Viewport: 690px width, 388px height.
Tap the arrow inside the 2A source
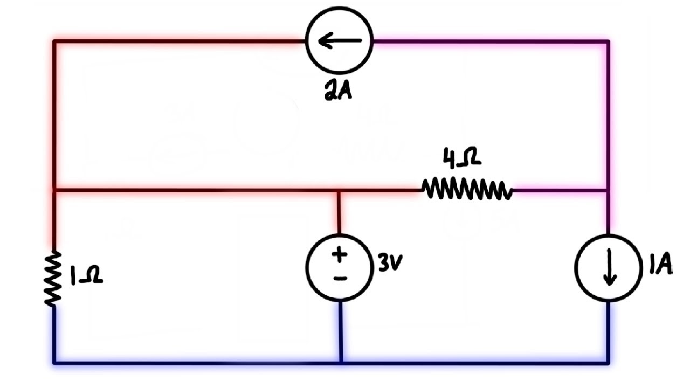click(340, 41)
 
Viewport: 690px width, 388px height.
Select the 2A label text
click(338, 91)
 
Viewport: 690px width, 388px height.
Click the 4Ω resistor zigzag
click(466, 190)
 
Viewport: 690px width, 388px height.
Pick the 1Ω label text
click(86, 276)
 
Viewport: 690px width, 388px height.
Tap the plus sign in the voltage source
click(340, 254)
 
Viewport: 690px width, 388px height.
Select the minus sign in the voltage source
click(340, 278)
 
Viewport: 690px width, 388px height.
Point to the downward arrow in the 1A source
click(610, 269)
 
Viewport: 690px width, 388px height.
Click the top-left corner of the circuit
click(54, 41)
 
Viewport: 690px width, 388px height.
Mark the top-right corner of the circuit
click(609, 41)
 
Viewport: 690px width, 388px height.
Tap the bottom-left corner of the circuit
click(54, 362)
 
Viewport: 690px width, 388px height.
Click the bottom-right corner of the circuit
click(609, 362)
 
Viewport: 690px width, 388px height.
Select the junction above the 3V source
click(339, 190)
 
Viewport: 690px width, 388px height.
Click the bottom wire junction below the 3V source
click(341, 362)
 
